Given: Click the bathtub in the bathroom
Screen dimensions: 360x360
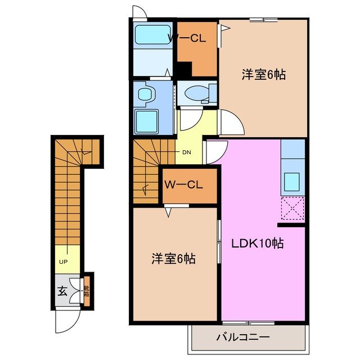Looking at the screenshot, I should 154,35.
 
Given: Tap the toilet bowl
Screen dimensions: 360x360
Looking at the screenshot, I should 197,93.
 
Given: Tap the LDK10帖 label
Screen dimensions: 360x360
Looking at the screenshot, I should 258,244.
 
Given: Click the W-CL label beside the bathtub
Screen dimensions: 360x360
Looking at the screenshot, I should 187,38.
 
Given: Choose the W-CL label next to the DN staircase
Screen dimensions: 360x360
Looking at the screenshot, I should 184,184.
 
